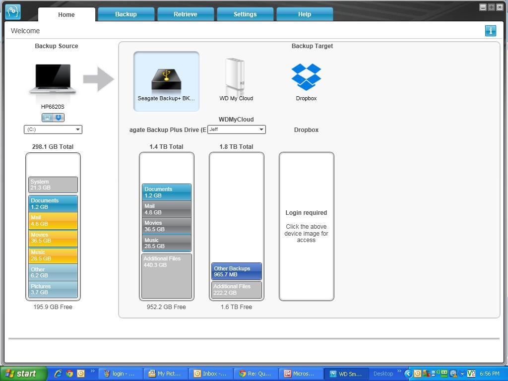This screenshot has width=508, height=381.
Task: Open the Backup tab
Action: click(x=126, y=14)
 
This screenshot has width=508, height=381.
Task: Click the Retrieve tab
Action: click(x=186, y=14)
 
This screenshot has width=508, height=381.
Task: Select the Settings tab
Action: click(x=245, y=14)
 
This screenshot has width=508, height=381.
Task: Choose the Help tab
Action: click(x=305, y=14)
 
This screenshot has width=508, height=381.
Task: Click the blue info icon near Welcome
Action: click(x=491, y=31)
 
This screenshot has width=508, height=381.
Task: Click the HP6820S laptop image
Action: click(x=53, y=79)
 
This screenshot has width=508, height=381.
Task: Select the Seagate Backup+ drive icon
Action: click(x=167, y=80)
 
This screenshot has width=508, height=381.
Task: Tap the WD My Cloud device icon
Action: click(x=235, y=74)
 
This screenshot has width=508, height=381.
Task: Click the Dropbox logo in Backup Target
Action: click(x=306, y=77)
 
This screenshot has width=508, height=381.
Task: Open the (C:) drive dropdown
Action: click(x=53, y=129)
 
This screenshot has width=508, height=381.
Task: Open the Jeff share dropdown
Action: click(x=237, y=129)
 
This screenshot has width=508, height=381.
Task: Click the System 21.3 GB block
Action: click(x=53, y=185)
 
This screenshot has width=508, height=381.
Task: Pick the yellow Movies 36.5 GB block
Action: click(x=53, y=238)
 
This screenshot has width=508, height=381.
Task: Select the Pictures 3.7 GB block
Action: click(x=53, y=289)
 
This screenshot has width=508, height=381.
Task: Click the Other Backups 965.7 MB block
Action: click(x=237, y=271)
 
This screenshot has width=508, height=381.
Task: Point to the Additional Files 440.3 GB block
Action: click(x=167, y=276)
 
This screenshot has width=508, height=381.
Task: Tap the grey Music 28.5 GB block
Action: click(x=167, y=243)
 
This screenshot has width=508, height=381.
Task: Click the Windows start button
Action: click(x=23, y=374)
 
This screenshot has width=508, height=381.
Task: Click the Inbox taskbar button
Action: click(x=211, y=374)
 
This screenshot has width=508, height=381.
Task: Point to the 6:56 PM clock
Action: click(x=490, y=374)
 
